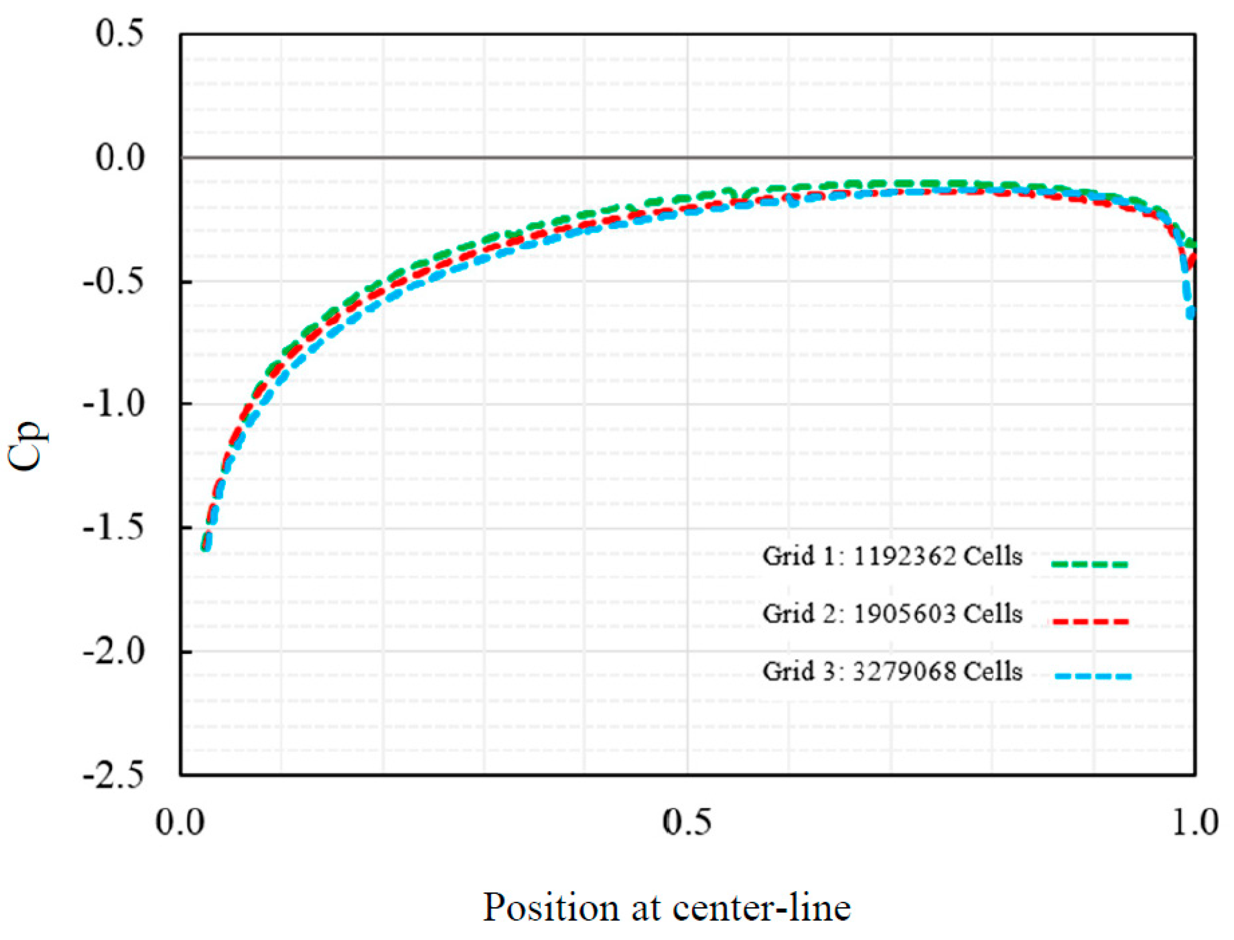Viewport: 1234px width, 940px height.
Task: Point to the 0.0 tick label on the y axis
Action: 119,157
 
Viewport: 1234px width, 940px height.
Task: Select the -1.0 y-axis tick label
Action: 114,404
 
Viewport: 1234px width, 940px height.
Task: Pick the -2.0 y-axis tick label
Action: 114,651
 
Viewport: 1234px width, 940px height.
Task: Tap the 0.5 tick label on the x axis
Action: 687,822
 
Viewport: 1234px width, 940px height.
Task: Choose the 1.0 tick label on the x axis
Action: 1194,822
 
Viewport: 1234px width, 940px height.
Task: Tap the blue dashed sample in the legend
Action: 1093,677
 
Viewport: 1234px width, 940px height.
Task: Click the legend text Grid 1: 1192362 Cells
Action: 892,557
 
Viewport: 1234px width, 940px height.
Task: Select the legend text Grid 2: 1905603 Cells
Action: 892,614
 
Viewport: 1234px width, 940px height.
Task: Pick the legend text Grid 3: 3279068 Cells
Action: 892,671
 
